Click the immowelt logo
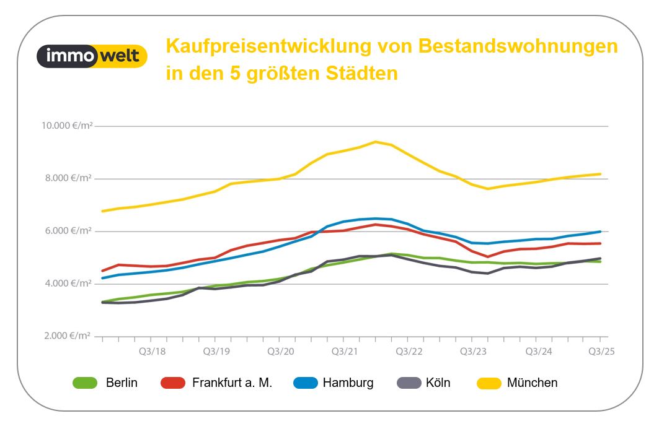pos(92,56)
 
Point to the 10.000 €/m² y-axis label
pos(67,126)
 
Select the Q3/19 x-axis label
pos(215,352)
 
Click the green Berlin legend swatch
pos(85,383)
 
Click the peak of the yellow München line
pos(375,142)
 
